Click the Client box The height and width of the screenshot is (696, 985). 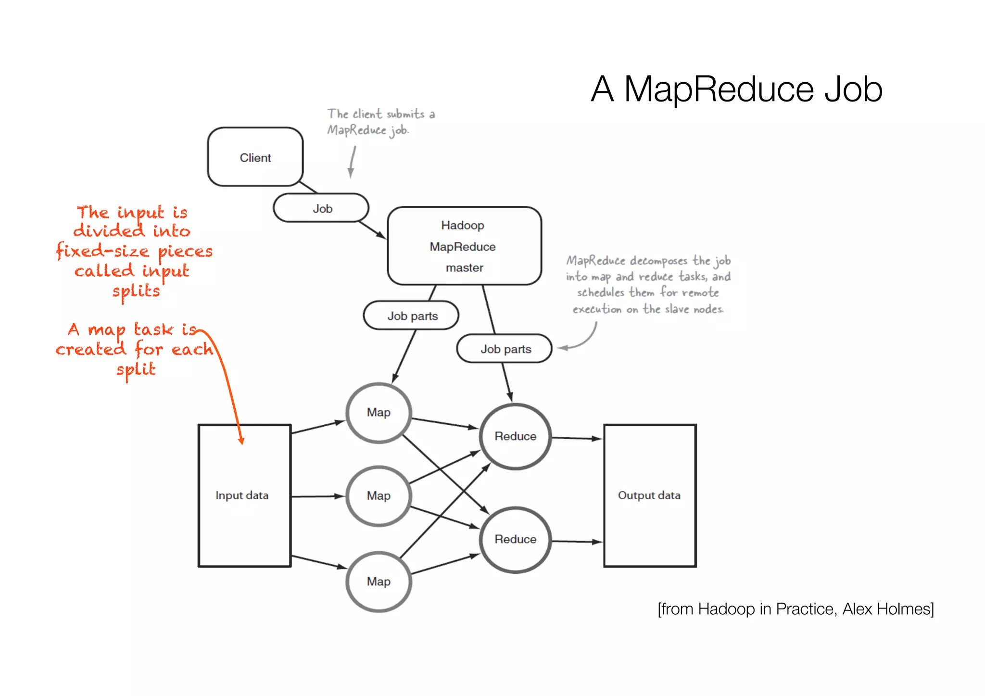point(255,157)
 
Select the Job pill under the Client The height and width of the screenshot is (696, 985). point(321,208)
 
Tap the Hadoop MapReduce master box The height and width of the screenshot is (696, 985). point(464,246)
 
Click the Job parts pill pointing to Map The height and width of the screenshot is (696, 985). point(412,316)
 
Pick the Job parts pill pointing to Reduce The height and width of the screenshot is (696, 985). point(505,349)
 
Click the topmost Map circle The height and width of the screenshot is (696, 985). point(379,412)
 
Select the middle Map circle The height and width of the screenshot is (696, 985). point(379,495)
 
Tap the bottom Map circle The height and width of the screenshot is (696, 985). point(379,581)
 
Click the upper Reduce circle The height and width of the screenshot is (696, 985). point(515,436)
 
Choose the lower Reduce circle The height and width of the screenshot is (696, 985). point(515,539)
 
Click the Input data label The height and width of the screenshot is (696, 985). point(242,495)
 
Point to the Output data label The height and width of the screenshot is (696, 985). point(649,495)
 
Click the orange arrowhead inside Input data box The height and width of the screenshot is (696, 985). point(241,440)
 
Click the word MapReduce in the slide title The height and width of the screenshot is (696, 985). point(719,89)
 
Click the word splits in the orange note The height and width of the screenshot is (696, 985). point(136,291)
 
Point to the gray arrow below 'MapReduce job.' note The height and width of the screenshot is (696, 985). point(352,163)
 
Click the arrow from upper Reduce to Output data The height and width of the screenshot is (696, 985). point(576,438)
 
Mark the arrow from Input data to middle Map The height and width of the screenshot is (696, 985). point(317,496)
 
